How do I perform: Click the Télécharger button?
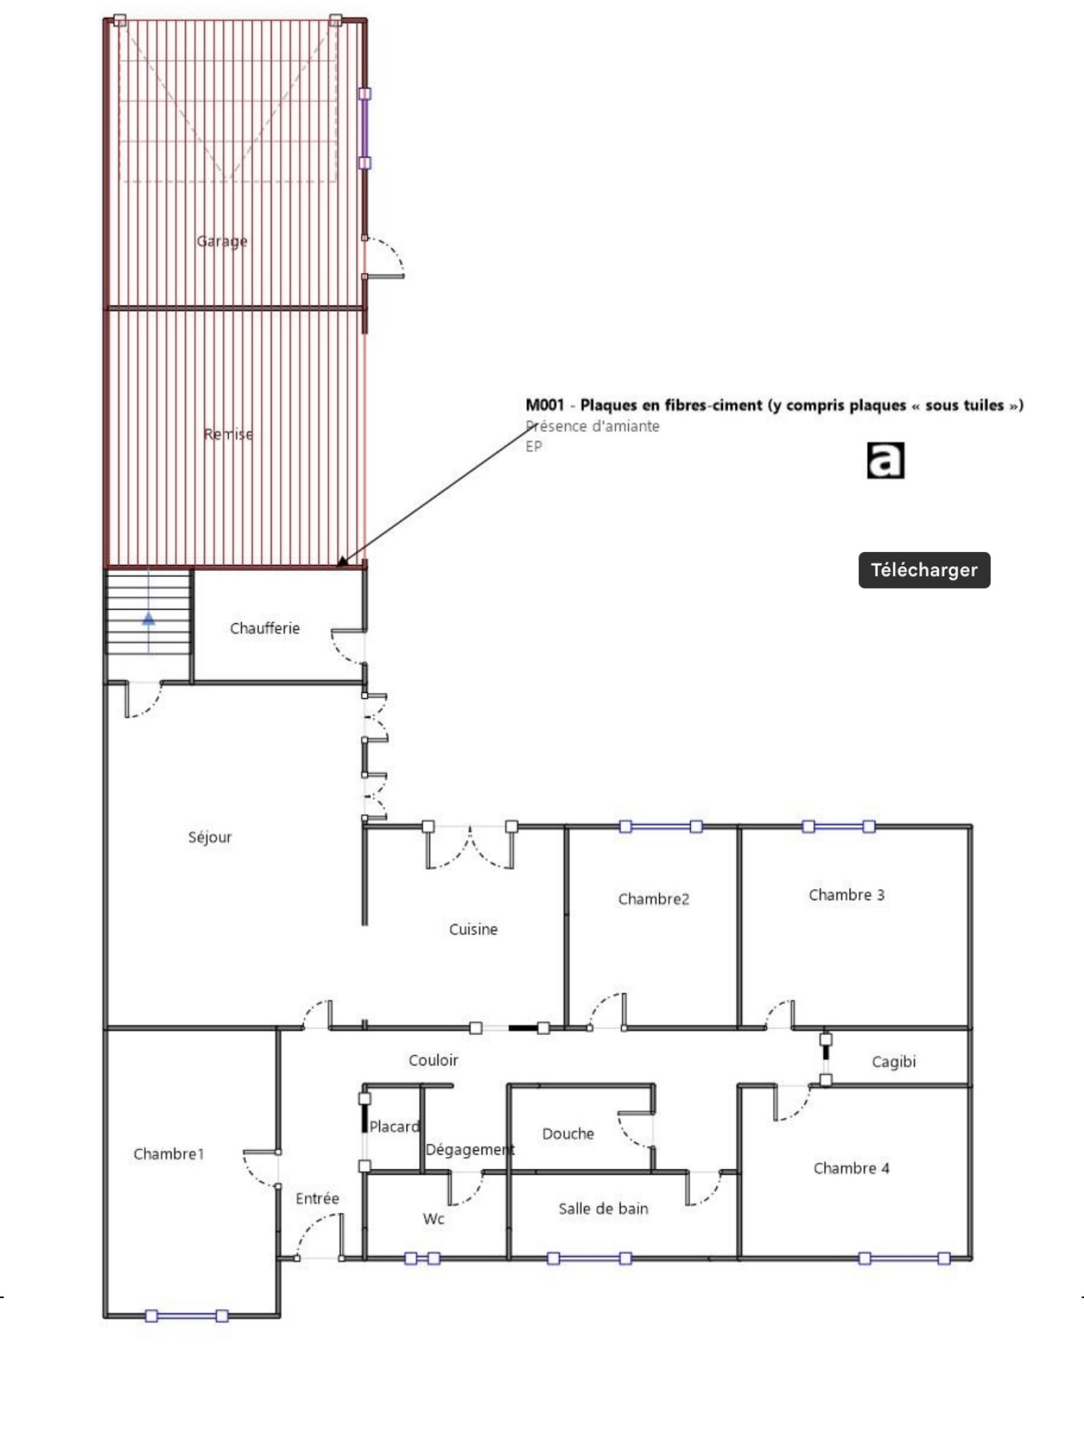(924, 570)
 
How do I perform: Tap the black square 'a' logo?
(885, 461)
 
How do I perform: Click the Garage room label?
(222, 241)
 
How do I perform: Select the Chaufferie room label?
(264, 628)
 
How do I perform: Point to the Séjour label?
(210, 837)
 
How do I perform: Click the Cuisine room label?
(473, 929)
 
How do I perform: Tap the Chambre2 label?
(653, 899)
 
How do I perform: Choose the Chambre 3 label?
(846, 895)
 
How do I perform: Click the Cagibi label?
(894, 1061)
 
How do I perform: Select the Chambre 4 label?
(851, 1168)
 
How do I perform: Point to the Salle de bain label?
(603, 1208)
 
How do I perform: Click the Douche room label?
(568, 1133)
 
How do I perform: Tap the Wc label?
(434, 1219)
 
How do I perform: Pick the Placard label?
(394, 1126)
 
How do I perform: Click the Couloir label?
(433, 1060)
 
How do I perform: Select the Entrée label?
(317, 1198)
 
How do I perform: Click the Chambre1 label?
(168, 1154)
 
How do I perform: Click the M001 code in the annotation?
(545, 405)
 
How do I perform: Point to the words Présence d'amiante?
(592, 426)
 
